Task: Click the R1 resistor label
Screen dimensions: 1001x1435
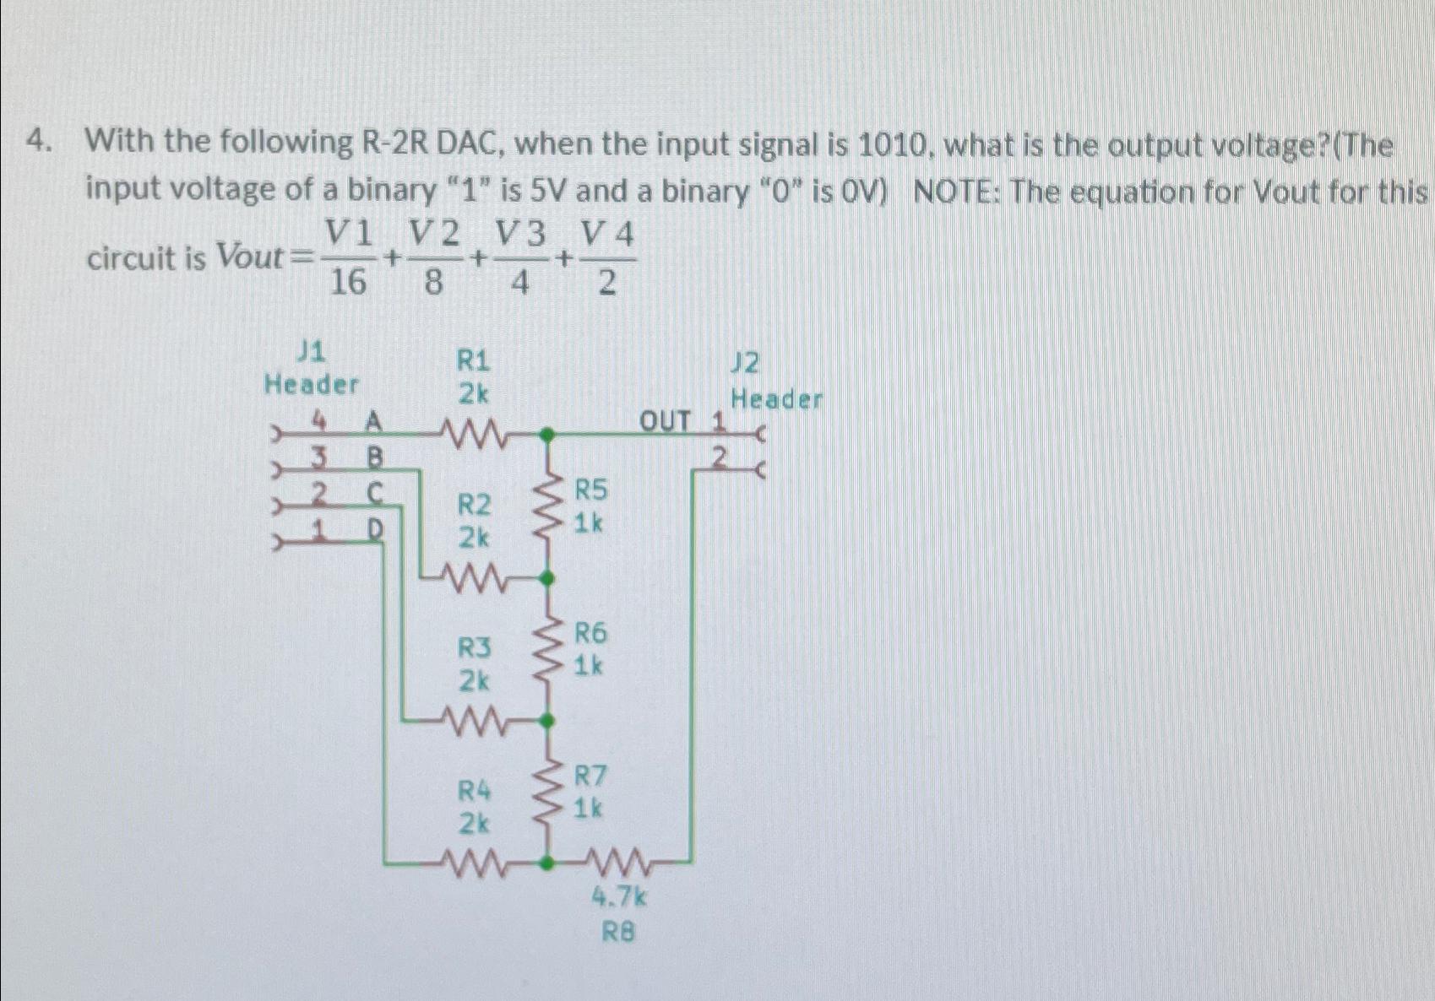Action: pos(473,361)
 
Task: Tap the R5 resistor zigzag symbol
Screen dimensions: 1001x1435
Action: pos(549,507)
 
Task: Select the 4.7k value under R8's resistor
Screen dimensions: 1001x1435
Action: pos(619,896)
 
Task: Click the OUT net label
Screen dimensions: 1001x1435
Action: pos(665,420)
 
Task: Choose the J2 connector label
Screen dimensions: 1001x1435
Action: pos(746,364)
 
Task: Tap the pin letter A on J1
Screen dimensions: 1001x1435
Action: pos(372,420)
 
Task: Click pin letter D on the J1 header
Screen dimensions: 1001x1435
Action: pos(374,529)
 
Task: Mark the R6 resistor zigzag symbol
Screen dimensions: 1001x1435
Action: pos(549,650)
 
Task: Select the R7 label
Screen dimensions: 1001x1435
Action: pos(590,775)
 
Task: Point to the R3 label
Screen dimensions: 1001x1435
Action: pos(474,648)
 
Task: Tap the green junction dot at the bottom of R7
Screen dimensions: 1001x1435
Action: pos(547,863)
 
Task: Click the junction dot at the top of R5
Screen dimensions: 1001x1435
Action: pos(547,436)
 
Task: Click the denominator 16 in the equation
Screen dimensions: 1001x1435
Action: pos(347,283)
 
